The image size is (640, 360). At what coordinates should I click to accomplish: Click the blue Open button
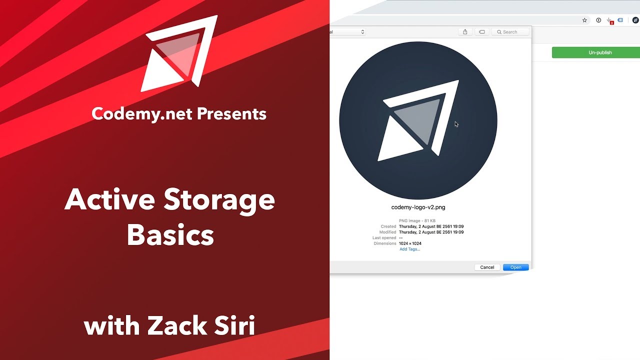click(515, 267)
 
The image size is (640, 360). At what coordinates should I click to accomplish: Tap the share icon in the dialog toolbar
click(465, 32)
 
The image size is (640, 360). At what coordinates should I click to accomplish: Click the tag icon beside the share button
click(481, 32)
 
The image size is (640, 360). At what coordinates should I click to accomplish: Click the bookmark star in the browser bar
click(584, 20)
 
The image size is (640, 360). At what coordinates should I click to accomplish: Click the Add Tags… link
click(409, 249)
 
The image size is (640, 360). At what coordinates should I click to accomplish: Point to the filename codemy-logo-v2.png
click(418, 207)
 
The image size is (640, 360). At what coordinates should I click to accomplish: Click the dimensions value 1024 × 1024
click(410, 243)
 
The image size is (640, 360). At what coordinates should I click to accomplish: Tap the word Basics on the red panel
click(170, 235)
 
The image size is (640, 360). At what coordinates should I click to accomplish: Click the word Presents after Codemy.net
click(231, 114)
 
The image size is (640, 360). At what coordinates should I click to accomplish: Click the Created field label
click(388, 226)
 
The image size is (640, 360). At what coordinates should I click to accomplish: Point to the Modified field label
click(387, 232)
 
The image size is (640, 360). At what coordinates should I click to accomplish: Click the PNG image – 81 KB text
click(417, 220)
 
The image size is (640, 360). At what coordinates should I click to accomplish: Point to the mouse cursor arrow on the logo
click(456, 124)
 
